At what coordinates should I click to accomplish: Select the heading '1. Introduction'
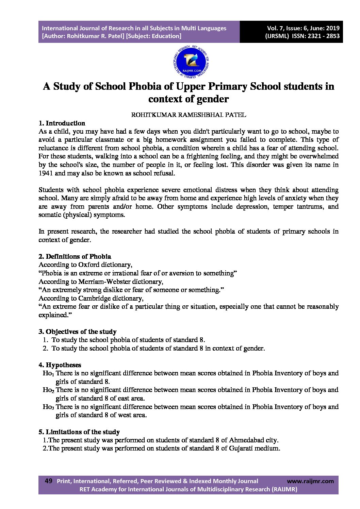62,123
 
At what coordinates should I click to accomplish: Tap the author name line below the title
189,115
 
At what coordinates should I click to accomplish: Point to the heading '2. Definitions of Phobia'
75,256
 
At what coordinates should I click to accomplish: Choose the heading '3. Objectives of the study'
78,332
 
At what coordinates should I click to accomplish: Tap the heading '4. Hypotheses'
60,365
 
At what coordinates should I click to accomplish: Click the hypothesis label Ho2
48,390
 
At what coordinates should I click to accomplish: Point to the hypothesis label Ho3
48,407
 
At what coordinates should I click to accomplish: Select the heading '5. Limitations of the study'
79,432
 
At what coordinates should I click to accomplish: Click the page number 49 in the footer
48,481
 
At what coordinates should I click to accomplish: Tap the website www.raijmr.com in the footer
310,481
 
